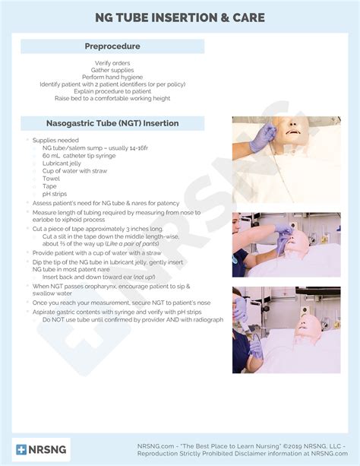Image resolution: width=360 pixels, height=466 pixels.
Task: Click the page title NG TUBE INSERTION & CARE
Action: coord(180,17)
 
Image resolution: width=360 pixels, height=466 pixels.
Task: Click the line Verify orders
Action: coord(112,63)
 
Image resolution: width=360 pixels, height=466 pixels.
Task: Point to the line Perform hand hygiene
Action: coord(112,77)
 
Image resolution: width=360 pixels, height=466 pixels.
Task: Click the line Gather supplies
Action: coord(112,70)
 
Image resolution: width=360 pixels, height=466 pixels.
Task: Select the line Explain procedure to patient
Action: coord(112,91)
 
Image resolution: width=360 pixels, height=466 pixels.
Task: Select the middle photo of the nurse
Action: coord(286,245)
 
